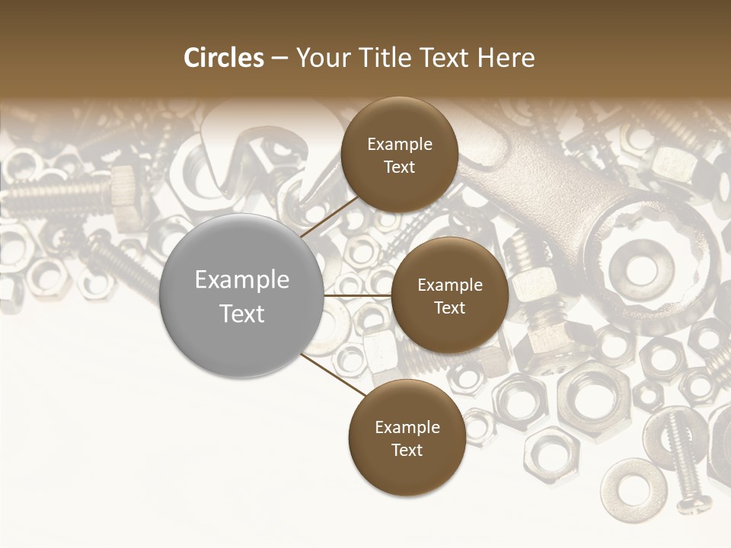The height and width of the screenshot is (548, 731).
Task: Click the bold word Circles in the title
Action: coord(224,58)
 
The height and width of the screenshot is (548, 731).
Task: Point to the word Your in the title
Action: coord(321,58)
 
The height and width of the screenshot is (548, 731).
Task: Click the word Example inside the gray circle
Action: coord(242,280)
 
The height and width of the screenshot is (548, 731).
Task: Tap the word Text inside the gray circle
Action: coord(242,314)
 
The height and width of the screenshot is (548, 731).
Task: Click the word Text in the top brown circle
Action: coord(399,167)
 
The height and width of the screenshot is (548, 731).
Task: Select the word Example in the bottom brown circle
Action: coord(407,427)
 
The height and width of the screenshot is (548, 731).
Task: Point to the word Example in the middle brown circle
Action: coord(449,285)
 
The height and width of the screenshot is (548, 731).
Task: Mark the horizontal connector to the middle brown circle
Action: coord(357,295)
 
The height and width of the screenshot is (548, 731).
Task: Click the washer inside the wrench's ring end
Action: coord(644,266)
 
